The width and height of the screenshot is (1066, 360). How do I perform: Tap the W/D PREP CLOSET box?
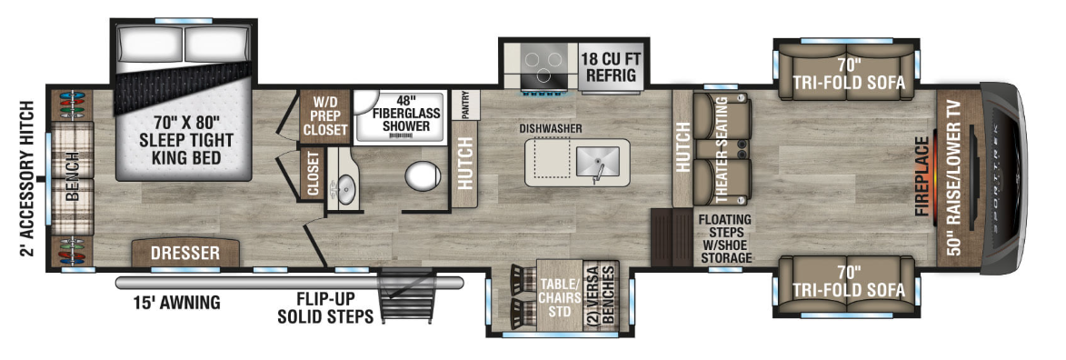pos(325,117)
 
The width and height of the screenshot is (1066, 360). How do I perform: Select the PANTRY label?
pos(465,105)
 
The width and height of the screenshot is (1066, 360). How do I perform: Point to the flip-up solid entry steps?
pos(406,296)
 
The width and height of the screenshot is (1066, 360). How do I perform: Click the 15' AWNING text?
pos(177,302)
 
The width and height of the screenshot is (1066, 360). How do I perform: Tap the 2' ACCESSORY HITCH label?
pos(26,179)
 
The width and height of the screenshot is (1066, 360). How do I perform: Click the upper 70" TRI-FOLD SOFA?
pos(846,71)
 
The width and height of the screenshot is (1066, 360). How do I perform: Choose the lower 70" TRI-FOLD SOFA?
pos(846,285)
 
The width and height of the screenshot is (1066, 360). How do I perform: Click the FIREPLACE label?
pos(922,176)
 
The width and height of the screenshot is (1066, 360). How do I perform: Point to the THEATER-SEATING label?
pos(721,151)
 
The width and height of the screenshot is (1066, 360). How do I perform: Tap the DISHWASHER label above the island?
pos(551,128)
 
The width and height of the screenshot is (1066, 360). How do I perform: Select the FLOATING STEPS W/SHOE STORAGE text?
pos(724,239)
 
